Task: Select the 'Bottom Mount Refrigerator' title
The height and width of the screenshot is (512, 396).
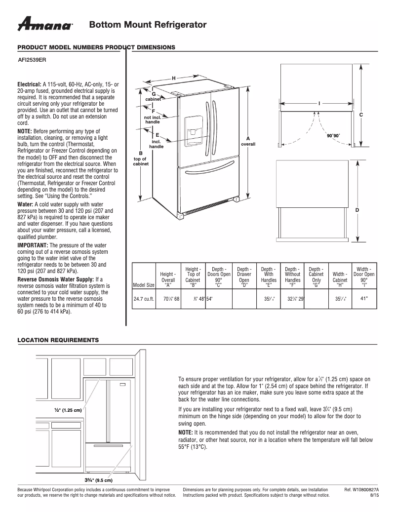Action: pyautogui.click(x=148, y=25)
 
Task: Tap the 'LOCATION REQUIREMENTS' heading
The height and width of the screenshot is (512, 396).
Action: pyautogui.click(x=58, y=340)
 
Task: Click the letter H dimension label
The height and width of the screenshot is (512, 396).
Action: pyautogui.click(x=173, y=79)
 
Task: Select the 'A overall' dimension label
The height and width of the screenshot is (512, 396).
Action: pyautogui.click(x=248, y=141)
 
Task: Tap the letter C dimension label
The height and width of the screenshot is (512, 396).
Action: pyautogui.click(x=361, y=115)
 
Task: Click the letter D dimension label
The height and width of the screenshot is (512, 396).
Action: pyautogui.click(x=357, y=210)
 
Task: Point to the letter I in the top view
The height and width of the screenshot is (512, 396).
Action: pyautogui.click(x=319, y=103)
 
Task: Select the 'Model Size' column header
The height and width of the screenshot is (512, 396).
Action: pyautogui.click(x=143, y=285)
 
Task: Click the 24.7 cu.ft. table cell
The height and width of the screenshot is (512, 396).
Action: pyautogui.click(x=144, y=299)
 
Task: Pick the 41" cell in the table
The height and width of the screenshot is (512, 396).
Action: pyautogui.click(x=364, y=298)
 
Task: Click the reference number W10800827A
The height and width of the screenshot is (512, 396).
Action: pyautogui.click(x=366, y=489)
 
